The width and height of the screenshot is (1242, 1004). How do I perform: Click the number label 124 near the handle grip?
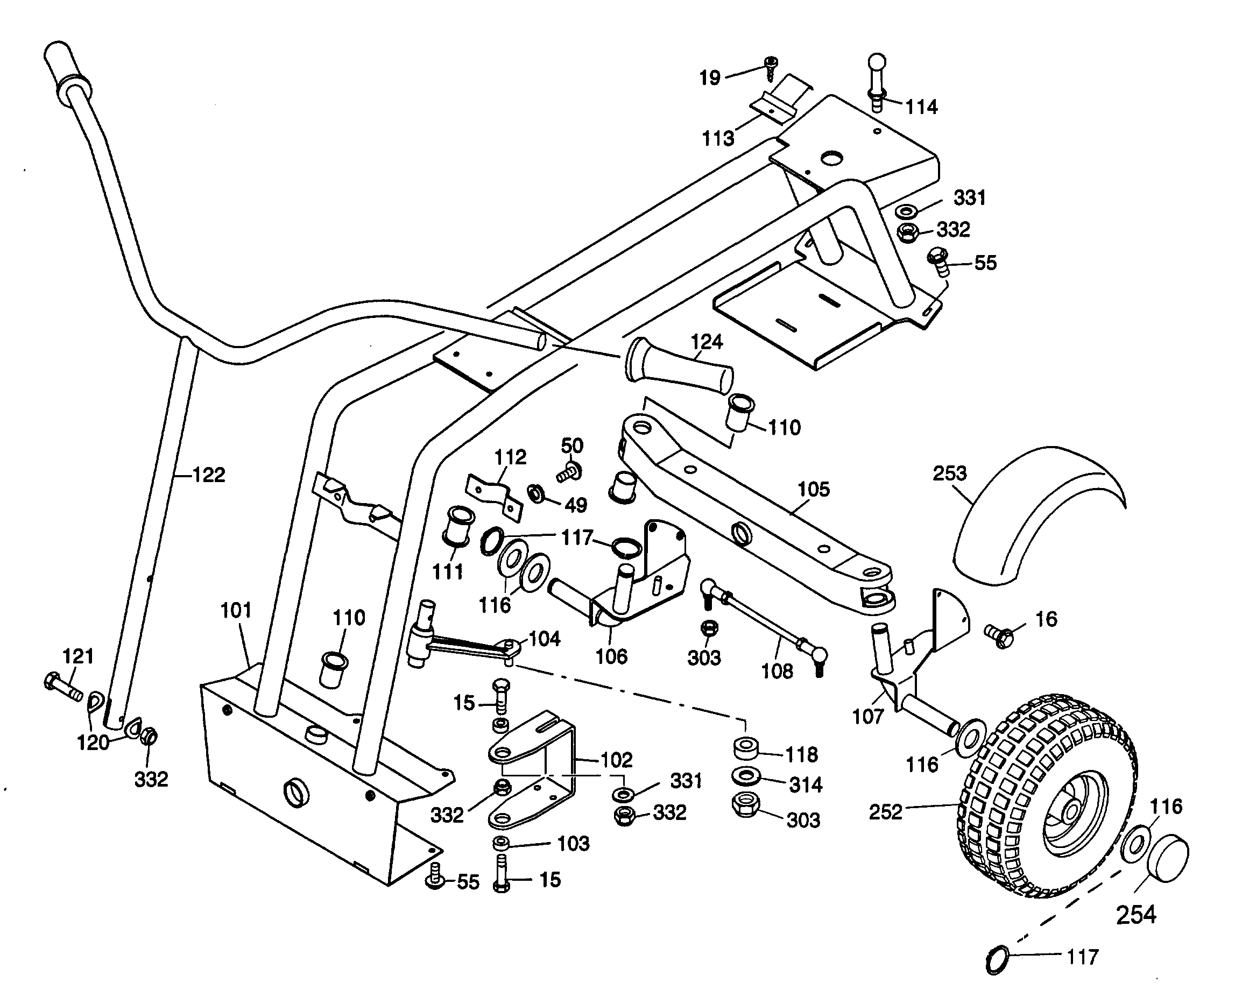click(707, 342)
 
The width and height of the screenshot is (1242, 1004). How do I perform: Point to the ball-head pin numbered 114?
click(877, 81)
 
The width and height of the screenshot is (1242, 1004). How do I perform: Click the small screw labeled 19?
click(771, 68)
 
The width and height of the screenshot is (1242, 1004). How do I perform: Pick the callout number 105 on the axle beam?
click(813, 489)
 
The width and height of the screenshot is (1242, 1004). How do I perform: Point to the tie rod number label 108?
click(777, 671)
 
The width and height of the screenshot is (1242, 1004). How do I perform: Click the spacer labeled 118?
click(746, 747)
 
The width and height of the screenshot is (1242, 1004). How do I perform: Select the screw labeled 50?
click(569, 471)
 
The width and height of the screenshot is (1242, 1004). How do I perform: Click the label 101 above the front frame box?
click(236, 610)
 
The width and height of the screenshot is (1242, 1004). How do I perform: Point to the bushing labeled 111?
click(458, 525)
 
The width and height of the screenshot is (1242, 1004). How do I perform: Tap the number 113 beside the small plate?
click(718, 138)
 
